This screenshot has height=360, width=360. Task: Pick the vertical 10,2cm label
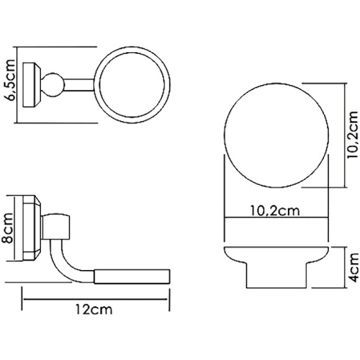(352, 137)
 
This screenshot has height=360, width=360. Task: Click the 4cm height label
(352, 266)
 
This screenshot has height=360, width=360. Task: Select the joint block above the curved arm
(58, 227)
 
